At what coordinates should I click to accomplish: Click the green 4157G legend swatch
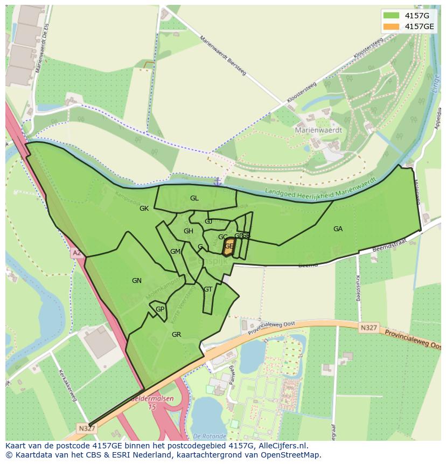click(x=392, y=15)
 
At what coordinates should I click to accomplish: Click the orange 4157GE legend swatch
click(x=392, y=26)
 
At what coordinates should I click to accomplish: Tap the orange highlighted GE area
click(x=229, y=246)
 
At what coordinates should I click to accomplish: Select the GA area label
click(x=338, y=229)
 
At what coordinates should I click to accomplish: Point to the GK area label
click(x=144, y=209)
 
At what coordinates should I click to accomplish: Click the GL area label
click(x=194, y=198)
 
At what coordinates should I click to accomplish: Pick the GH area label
click(x=188, y=231)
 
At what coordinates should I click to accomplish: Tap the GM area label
click(x=175, y=252)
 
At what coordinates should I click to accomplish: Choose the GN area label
click(x=137, y=280)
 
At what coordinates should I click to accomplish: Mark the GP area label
click(x=160, y=309)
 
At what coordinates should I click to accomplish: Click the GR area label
click(x=176, y=335)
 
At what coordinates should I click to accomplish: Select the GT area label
click(x=208, y=289)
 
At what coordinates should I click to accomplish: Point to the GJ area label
click(x=208, y=221)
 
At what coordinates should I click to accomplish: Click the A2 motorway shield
click(x=76, y=252)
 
